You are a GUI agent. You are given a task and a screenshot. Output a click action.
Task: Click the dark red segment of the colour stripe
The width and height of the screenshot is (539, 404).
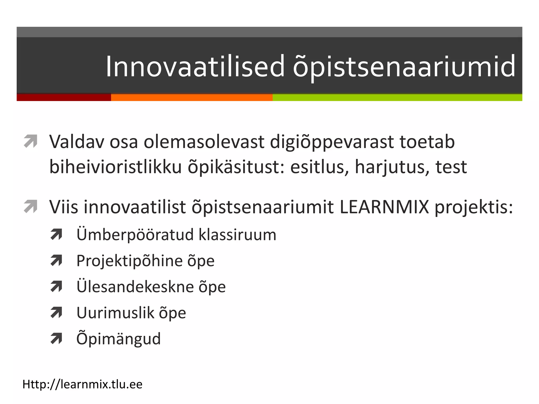tap(64, 97)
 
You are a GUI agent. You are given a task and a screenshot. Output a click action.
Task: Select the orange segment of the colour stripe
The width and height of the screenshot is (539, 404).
tap(192, 98)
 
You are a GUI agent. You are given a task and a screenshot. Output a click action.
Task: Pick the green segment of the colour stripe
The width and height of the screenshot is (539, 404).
tap(397, 98)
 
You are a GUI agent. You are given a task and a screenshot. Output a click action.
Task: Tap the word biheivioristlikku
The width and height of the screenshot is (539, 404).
tap(116, 167)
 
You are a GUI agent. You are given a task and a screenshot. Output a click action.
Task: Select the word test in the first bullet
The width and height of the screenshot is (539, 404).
tap(451, 167)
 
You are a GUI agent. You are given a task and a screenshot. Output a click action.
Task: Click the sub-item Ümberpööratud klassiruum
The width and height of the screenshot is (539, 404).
tap(176, 235)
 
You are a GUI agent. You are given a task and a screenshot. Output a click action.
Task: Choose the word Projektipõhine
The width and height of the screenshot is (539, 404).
tap(129, 261)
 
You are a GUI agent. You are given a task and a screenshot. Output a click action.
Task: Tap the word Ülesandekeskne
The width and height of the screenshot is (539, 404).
tap(135, 287)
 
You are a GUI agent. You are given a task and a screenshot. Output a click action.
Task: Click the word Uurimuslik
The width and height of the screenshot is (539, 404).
tap(115, 313)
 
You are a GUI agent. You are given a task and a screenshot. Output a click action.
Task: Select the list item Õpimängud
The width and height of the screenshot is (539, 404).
tap(118, 339)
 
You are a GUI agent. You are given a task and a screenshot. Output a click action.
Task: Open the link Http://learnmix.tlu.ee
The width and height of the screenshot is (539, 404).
tap(82, 384)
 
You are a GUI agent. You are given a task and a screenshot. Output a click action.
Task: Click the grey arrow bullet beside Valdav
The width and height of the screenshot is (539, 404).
tap(31, 141)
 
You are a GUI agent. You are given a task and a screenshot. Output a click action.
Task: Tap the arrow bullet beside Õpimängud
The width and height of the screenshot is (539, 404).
tap(56, 339)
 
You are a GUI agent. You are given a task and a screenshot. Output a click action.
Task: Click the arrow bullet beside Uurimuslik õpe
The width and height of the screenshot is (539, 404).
tap(56, 312)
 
